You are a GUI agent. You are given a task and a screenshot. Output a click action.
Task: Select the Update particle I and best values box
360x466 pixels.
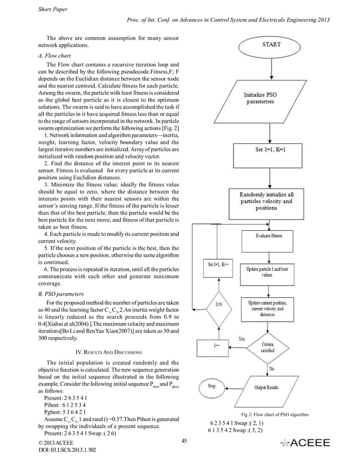(x=268, y=273)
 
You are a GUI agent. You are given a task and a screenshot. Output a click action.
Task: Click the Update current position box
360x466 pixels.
(x=268, y=309)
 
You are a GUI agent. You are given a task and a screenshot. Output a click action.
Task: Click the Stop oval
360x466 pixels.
(x=212, y=386)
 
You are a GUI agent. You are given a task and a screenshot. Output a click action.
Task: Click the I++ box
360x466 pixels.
(x=216, y=346)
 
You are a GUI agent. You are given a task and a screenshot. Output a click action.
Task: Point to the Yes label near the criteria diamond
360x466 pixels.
(x=242, y=339)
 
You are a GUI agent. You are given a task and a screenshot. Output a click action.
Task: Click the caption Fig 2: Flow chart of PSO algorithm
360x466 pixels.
(x=274, y=415)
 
